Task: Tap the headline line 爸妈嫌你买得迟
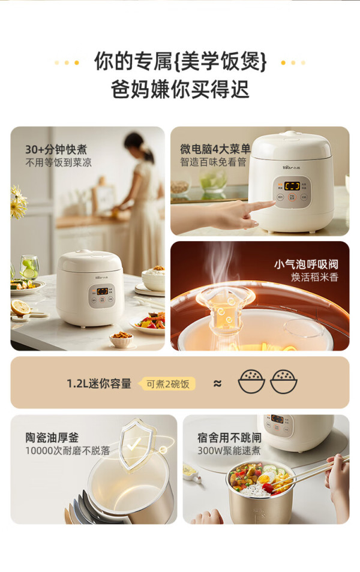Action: pos(180,90)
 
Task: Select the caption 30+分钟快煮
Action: pos(56,149)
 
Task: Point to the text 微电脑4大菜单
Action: pos(215,149)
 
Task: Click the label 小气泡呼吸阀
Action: pos(307,264)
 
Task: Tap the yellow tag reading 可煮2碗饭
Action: pos(168,384)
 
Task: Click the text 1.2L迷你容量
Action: pos(99,384)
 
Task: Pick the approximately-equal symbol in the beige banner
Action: pos(218,383)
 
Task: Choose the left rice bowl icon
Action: pos(251,381)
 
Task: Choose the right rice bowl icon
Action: pos(284,381)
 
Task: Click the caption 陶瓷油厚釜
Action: pos(52,437)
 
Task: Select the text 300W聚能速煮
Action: pos(229,450)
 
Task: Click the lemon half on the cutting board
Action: pos(21,307)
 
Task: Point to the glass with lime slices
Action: pos(29,267)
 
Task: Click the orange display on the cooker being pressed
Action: pos(292,186)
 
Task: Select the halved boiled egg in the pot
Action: pos(266,477)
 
